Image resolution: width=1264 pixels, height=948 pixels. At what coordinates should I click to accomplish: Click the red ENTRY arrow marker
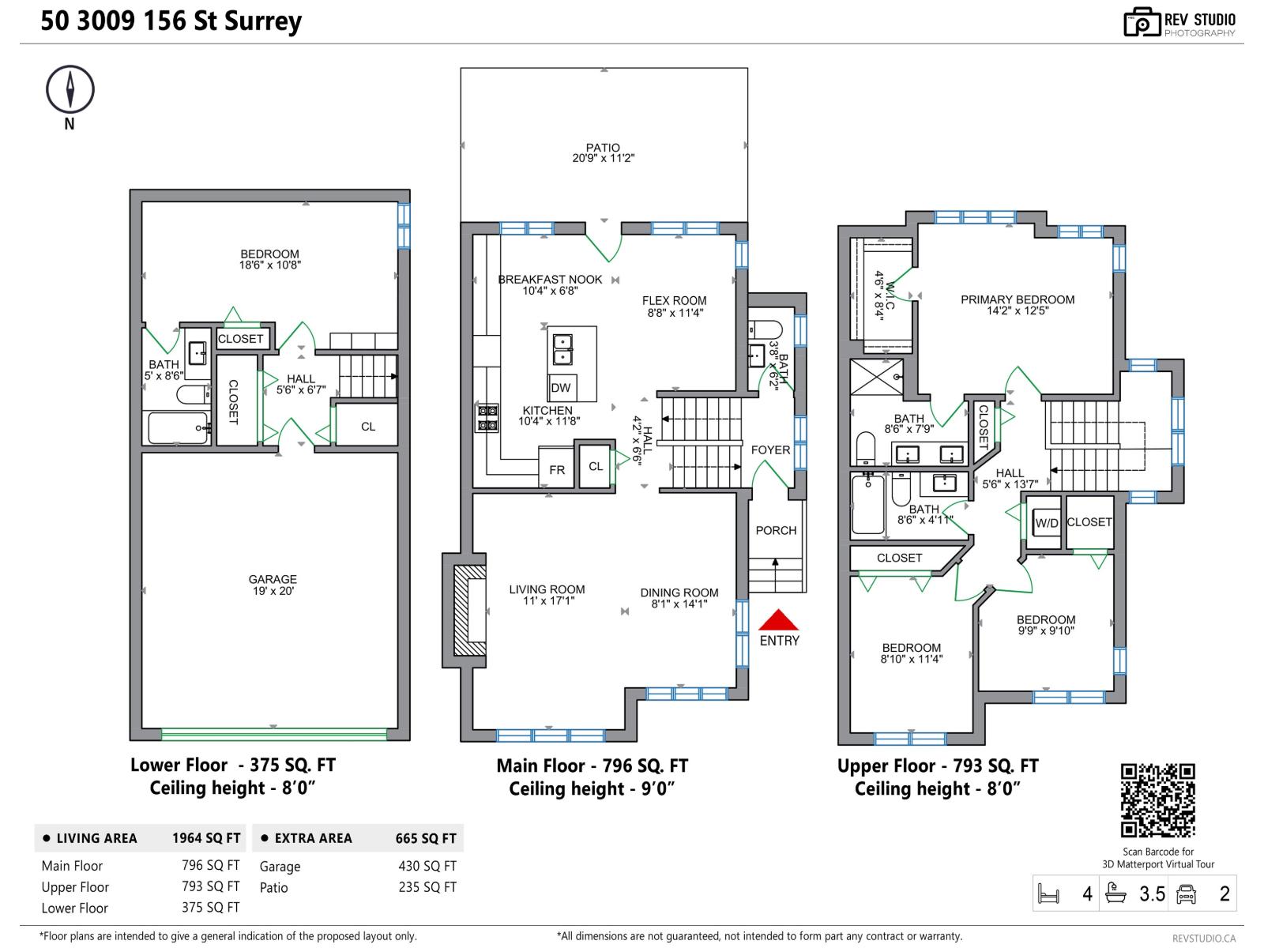tap(779, 620)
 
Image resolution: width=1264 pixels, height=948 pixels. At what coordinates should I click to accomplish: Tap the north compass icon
tap(70, 89)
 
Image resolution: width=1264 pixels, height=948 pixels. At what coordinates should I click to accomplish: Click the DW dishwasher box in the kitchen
tap(561, 387)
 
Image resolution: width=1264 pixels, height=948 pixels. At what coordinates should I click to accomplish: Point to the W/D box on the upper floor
tap(1047, 523)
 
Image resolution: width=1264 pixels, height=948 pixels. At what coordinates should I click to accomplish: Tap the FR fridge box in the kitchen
tap(557, 469)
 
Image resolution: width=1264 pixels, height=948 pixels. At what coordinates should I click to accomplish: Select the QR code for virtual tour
tap(1158, 800)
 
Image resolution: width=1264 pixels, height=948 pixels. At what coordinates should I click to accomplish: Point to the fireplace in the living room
tap(472, 610)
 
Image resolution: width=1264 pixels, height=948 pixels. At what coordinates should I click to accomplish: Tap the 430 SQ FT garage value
tap(427, 866)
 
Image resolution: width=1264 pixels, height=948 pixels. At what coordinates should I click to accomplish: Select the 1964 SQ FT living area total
tap(206, 838)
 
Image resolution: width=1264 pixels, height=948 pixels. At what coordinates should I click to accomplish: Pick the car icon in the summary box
tap(1186, 893)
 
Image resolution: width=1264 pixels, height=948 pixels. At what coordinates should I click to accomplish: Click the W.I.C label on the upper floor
tap(883, 294)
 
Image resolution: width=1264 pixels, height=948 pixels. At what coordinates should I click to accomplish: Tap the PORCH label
tap(776, 530)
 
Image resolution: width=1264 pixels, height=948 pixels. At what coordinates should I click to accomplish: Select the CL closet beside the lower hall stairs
tap(368, 427)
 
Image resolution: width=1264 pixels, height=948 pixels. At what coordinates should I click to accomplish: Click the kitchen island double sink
tap(562, 349)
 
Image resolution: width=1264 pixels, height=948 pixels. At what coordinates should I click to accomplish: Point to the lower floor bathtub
tap(179, 427)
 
